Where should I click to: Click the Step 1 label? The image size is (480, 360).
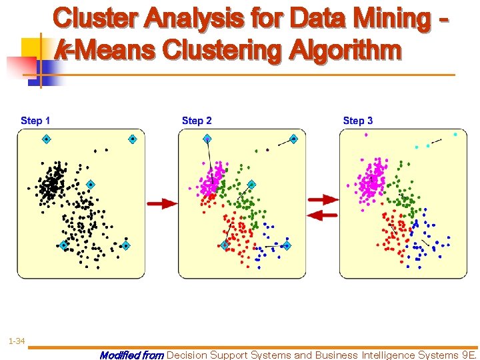pyautogui.click(x=35, y=121)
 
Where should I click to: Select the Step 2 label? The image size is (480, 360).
pyautogui.click(x=197, y=121)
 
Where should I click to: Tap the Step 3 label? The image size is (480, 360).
pyautogui.click(x=358, y=121)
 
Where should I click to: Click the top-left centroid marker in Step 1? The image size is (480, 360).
pyautogui.click(x=47, y=139)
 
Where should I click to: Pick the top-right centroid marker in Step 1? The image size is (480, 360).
pyautogui.click(x=133, y=139)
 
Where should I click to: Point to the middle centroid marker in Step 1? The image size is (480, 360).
pyautogui.click(x=91, y=185)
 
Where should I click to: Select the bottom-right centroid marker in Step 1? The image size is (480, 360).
pyautogui.click(x=125, y=246)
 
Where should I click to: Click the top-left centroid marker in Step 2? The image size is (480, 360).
pyautogui.click(x=207, y=139)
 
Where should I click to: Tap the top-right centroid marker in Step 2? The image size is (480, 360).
pyautogui.click(x=293, y=139)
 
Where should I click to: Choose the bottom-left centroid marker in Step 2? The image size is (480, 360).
pyautogui.click(x=225, y=246)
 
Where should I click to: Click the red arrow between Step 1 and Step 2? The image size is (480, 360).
pyautogui.click(x=162, y=203)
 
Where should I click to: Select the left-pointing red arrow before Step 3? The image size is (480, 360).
pyautogui.click(x=324, y=215)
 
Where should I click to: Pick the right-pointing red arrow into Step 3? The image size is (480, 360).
pyautogui.click(x=324, y=199)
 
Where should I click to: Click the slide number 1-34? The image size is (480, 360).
pyautogui.click(x=17, y=341)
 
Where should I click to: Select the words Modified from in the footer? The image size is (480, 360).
pyautogui.click(x=131, y=355)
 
